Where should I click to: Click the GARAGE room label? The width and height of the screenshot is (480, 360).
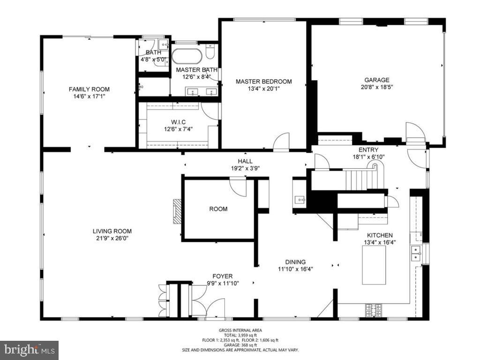pos(377,80)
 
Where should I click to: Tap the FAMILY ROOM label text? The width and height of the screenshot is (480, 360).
pos(89,90)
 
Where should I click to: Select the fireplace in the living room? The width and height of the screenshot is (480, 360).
pos(177,212)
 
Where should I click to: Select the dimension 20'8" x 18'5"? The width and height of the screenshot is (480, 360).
pos(377,87)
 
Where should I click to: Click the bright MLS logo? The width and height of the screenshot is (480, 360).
pos(29,350)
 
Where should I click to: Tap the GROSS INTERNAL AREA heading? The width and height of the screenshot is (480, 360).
pos(240,330)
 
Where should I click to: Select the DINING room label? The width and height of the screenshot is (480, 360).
pos(295,262)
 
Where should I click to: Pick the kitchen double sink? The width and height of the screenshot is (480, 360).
pos(415,253)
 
